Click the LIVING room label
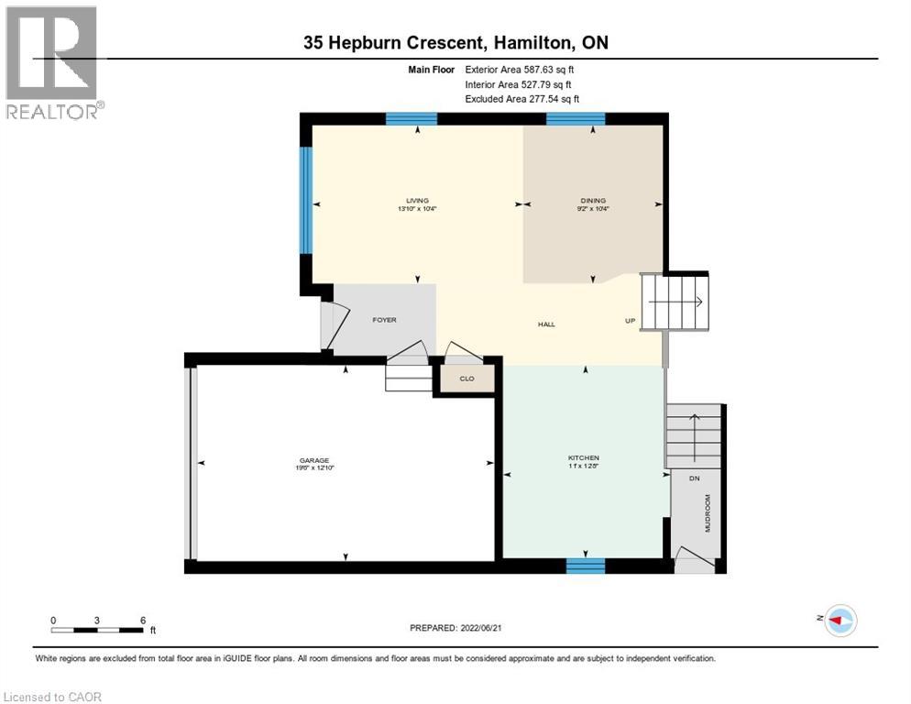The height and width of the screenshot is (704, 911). pyautogui.click(x=418, y=201)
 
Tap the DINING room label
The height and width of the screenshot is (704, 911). pyautogui.click(x=593, y=201)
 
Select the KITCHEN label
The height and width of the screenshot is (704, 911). pyautogui.click(x=584, y=457)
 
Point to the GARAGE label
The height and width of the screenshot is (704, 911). pyautogui.click(x=313, y=461)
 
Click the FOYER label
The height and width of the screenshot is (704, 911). pyautogui.click(x=383, y=321)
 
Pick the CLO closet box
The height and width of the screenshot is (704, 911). pyautogui.click(x=466, y=377)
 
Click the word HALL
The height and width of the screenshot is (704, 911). pyautogui.click(x=546, y=324)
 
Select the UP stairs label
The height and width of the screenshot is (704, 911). pyautogui.click(x=630, y=321)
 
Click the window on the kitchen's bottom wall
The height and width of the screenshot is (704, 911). pyautogui.click(x=585, y=566)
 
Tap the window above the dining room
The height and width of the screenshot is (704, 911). pyautogui.click(x=576, y=118)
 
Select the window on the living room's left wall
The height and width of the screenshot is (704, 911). pyautogui.click(x=307, y=201)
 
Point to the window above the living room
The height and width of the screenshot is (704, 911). pyautogui.click(x=411, y=118)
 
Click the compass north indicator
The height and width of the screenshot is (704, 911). pyautogui.click(x=839, y=620)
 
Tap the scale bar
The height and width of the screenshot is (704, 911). pyautogui.click(x=98, y=630)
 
